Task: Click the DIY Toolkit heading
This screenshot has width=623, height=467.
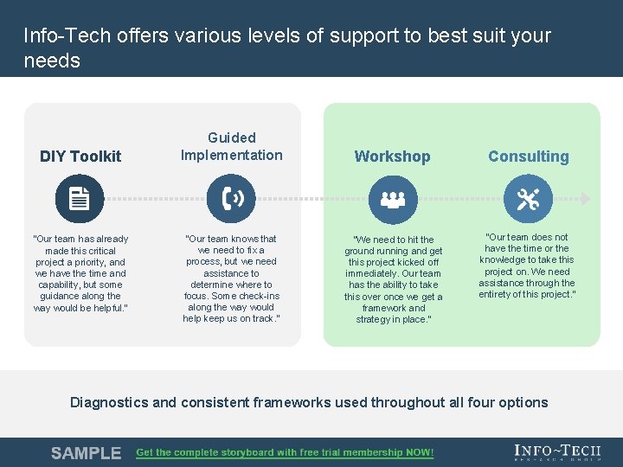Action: click(80, 157)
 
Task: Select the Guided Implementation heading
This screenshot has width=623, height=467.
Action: click(231, 146)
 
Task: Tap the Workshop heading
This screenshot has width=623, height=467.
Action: click(392, 157)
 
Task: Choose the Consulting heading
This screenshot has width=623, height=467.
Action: click(528, 157)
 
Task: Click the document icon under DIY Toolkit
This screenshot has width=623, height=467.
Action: click(80, 199)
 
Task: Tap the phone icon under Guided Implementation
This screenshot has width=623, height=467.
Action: click(232, 199)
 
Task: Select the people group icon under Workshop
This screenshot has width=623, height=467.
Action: click(393, 199)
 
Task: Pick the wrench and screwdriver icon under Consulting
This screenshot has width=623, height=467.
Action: click(527, 199)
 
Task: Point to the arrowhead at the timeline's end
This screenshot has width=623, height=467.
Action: click(586, 199)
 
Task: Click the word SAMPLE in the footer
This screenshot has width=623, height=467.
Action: click(86, 453)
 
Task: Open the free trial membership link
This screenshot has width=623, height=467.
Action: click(285, 453)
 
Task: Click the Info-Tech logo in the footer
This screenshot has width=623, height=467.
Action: click(557, 452)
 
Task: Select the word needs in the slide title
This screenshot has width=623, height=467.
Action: click(52, 61)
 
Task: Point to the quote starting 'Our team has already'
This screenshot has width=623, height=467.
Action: click(80, 273)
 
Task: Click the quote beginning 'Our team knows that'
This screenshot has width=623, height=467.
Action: click(231, 278)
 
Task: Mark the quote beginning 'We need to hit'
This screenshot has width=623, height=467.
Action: click(393, 279)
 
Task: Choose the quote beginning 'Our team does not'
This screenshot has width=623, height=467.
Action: click(527, 265)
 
